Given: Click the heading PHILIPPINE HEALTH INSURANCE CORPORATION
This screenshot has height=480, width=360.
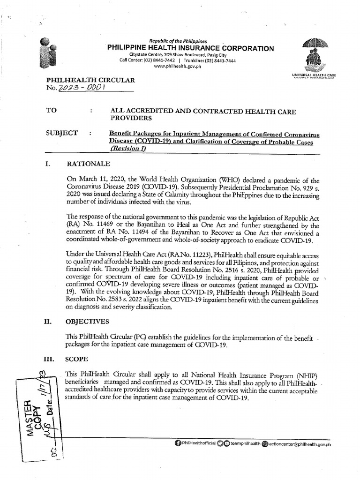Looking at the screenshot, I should tap(191, 48).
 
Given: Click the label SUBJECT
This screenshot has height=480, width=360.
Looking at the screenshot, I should tap(61, 133).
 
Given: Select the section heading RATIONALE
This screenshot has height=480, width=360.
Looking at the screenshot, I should tap(89, 164).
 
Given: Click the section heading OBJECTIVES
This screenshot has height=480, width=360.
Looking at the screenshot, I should tap(90, 322).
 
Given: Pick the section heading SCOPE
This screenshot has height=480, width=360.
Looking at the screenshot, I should tap(77, 358).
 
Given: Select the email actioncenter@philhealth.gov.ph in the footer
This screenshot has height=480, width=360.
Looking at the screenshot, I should tap(300, 443).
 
